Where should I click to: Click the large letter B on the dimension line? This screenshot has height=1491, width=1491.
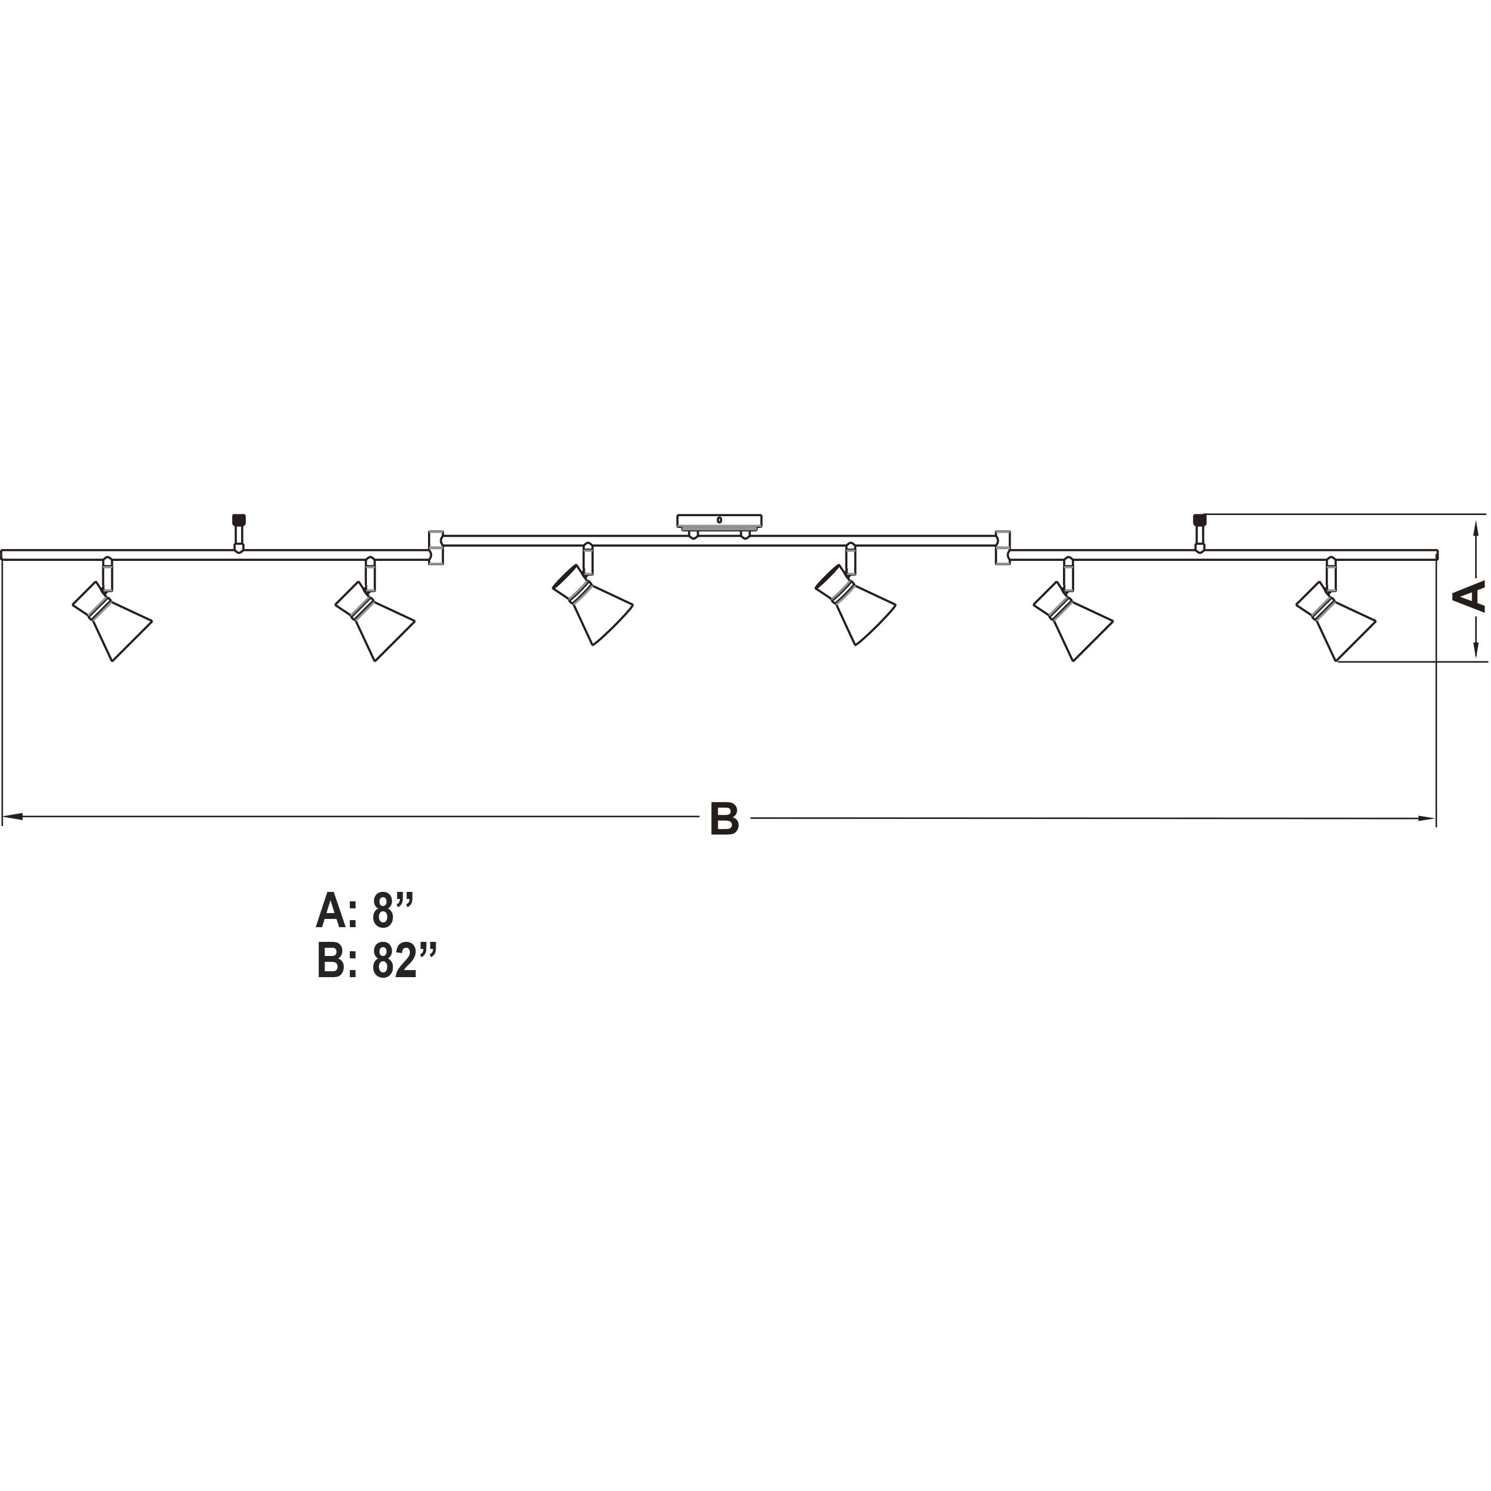point(724,820)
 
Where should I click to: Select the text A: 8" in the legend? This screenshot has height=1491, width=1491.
point(365,911)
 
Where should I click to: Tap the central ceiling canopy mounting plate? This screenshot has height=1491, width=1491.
point(719,521)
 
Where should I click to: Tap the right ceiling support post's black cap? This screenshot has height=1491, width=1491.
point(1199,519)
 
